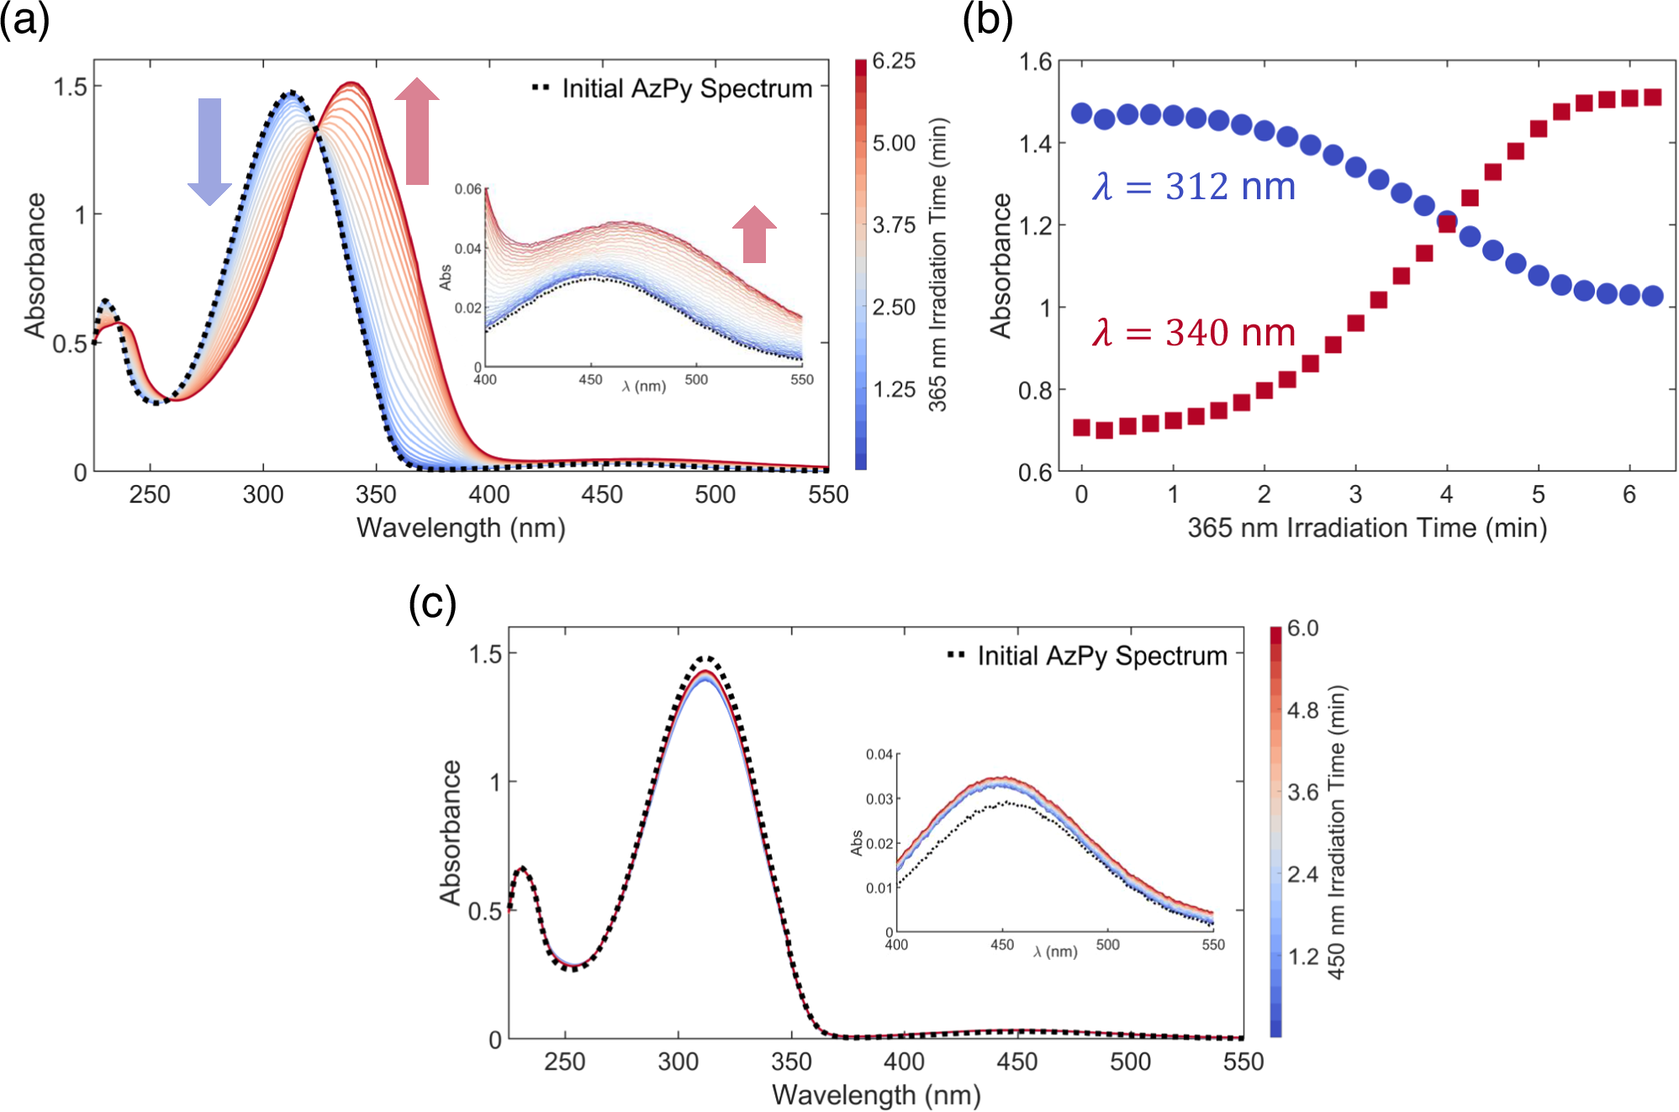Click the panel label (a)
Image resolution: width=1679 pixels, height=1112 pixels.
(24, 20)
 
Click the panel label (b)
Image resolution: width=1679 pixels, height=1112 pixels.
(987, 20)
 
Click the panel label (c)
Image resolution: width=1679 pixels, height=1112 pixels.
(432, 603)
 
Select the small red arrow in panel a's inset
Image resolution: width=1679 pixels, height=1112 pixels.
(754, 235)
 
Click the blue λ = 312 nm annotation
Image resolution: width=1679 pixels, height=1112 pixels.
(1194, 187)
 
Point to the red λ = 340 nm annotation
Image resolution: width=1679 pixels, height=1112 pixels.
(1194, 333)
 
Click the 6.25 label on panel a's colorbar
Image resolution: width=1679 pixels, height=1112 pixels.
(894, 61)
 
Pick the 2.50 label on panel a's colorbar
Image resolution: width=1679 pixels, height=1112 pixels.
(894, 308)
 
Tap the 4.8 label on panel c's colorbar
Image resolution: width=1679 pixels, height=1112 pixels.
(1302, 711)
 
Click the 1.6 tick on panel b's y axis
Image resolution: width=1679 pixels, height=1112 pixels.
(1035, 62)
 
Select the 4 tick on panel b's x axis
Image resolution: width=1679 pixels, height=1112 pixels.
(1446, 494)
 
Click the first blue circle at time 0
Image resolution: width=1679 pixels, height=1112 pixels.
(1082, 113)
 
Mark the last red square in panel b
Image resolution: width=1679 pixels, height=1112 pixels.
(1652, 97)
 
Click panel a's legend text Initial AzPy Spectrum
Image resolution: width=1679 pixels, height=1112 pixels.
(686, 88)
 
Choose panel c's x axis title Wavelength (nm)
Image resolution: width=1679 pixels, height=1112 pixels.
(876, 1094)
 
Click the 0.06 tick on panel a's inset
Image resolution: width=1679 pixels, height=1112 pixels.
(467, 189)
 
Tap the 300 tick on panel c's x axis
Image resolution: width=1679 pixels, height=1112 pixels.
(678, 1062)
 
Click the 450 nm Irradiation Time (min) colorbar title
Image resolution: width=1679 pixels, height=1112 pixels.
(1337, 832)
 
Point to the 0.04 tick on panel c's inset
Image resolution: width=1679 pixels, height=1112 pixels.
(879, 755)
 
